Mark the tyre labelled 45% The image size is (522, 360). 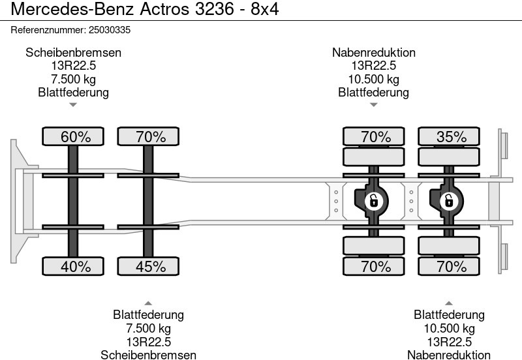148,266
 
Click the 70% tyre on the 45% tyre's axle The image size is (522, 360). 148,136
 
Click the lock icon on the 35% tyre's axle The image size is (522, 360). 449,201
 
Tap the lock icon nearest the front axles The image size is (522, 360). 373,201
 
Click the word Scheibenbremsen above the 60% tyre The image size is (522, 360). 74,53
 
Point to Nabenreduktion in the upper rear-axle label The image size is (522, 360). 374,53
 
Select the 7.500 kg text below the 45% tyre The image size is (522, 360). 148,328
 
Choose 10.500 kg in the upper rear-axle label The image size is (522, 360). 374,79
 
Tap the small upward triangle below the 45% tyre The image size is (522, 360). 148,303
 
